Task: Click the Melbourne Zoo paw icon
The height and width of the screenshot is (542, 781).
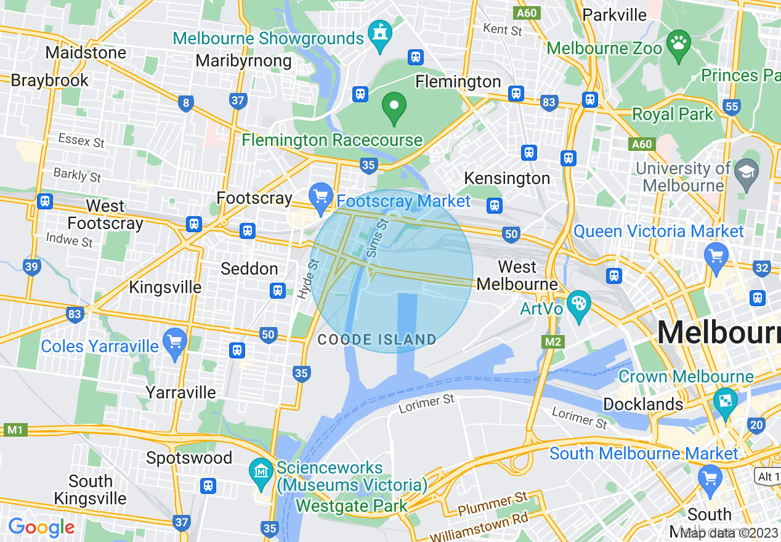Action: pyautogui.click(x=679, y=44)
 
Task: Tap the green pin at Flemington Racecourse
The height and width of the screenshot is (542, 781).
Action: pyautogui.click(x=394, y=107)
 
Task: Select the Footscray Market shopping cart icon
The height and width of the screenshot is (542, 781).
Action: pyautogui.click(x=321, y=196)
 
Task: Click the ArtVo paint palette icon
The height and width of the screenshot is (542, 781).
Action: pyautogui.click(x=578, y=304)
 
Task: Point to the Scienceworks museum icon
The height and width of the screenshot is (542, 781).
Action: pyautogui.click(x=262, y=472)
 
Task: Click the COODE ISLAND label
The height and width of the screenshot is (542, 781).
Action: pyautogui.click(x=376, y=339)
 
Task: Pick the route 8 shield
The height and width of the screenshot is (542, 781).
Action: pyautogui.click(x=185, y=103)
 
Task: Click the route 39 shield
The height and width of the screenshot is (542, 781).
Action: pyautogui.click(x=32, y=267)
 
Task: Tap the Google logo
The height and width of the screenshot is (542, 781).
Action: pyautogui.click(x=41, y=527)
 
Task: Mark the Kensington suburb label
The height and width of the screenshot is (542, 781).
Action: pyautogui.click(x=506, y=179)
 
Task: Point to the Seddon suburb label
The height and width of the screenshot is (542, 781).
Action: pyautogui.click(x=249, y=269)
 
